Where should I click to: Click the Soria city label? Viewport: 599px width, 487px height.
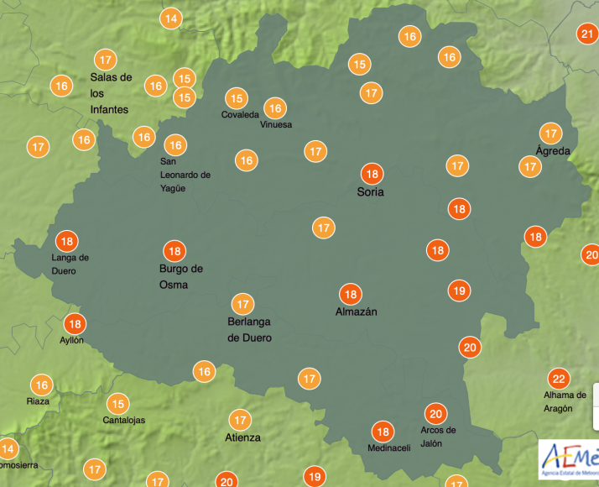(370, 192)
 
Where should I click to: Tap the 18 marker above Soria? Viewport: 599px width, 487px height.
(372, 175)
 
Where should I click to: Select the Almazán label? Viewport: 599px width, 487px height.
(356, 312)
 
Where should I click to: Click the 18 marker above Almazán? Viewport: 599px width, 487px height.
(351, 294)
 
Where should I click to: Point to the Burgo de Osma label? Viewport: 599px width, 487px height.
(181, 276)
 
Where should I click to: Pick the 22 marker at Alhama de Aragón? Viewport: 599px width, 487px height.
(557, 378)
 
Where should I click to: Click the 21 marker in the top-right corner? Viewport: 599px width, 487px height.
(587, 34)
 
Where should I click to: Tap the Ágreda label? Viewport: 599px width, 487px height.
(553, 151)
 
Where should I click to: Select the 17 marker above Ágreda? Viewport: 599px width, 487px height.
(550, 134)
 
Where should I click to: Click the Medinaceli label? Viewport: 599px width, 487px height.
(389, 448)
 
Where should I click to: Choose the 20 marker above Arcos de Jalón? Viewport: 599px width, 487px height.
(435, 413)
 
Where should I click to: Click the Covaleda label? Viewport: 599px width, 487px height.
(240, 115)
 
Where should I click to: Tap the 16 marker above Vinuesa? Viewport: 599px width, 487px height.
(274, 107)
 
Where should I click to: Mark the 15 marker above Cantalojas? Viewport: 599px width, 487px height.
(118, 403)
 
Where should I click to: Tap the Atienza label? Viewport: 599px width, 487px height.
(242, 437)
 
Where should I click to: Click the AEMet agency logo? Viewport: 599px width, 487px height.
(568, 458)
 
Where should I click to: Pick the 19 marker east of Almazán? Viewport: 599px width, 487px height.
(458, 291)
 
